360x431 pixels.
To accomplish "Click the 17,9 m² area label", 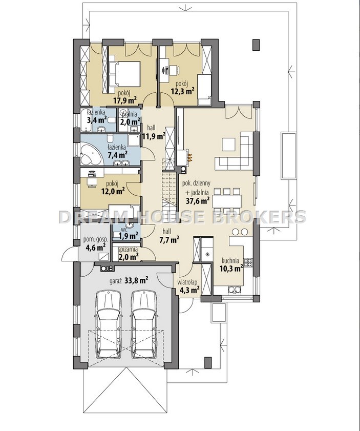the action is pyautogui.click(x=125, y=100).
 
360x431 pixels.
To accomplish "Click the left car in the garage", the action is pyautogui.click(x=109, y=324).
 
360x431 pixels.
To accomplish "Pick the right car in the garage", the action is pyautogui.click(x=143, y=324).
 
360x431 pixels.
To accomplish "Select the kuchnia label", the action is pyautogui.click(x=230, y=260).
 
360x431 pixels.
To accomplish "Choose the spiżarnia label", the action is pyautogui.click(x=128, y=250).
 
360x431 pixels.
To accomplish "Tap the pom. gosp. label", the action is pyautogui.click(x=95, y=240).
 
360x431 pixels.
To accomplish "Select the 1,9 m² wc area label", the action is pyautogui.click(x=130, y=235).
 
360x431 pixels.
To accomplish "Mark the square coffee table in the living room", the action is pyautogui.click(x=229, y=145).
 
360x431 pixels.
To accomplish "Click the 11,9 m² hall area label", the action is pyautogui.click(x=154, y=135).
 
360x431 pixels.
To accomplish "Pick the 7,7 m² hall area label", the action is pyautogui.click(x=170, y=240).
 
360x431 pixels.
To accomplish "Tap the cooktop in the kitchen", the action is pyautogui.click(x=248, y=262).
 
